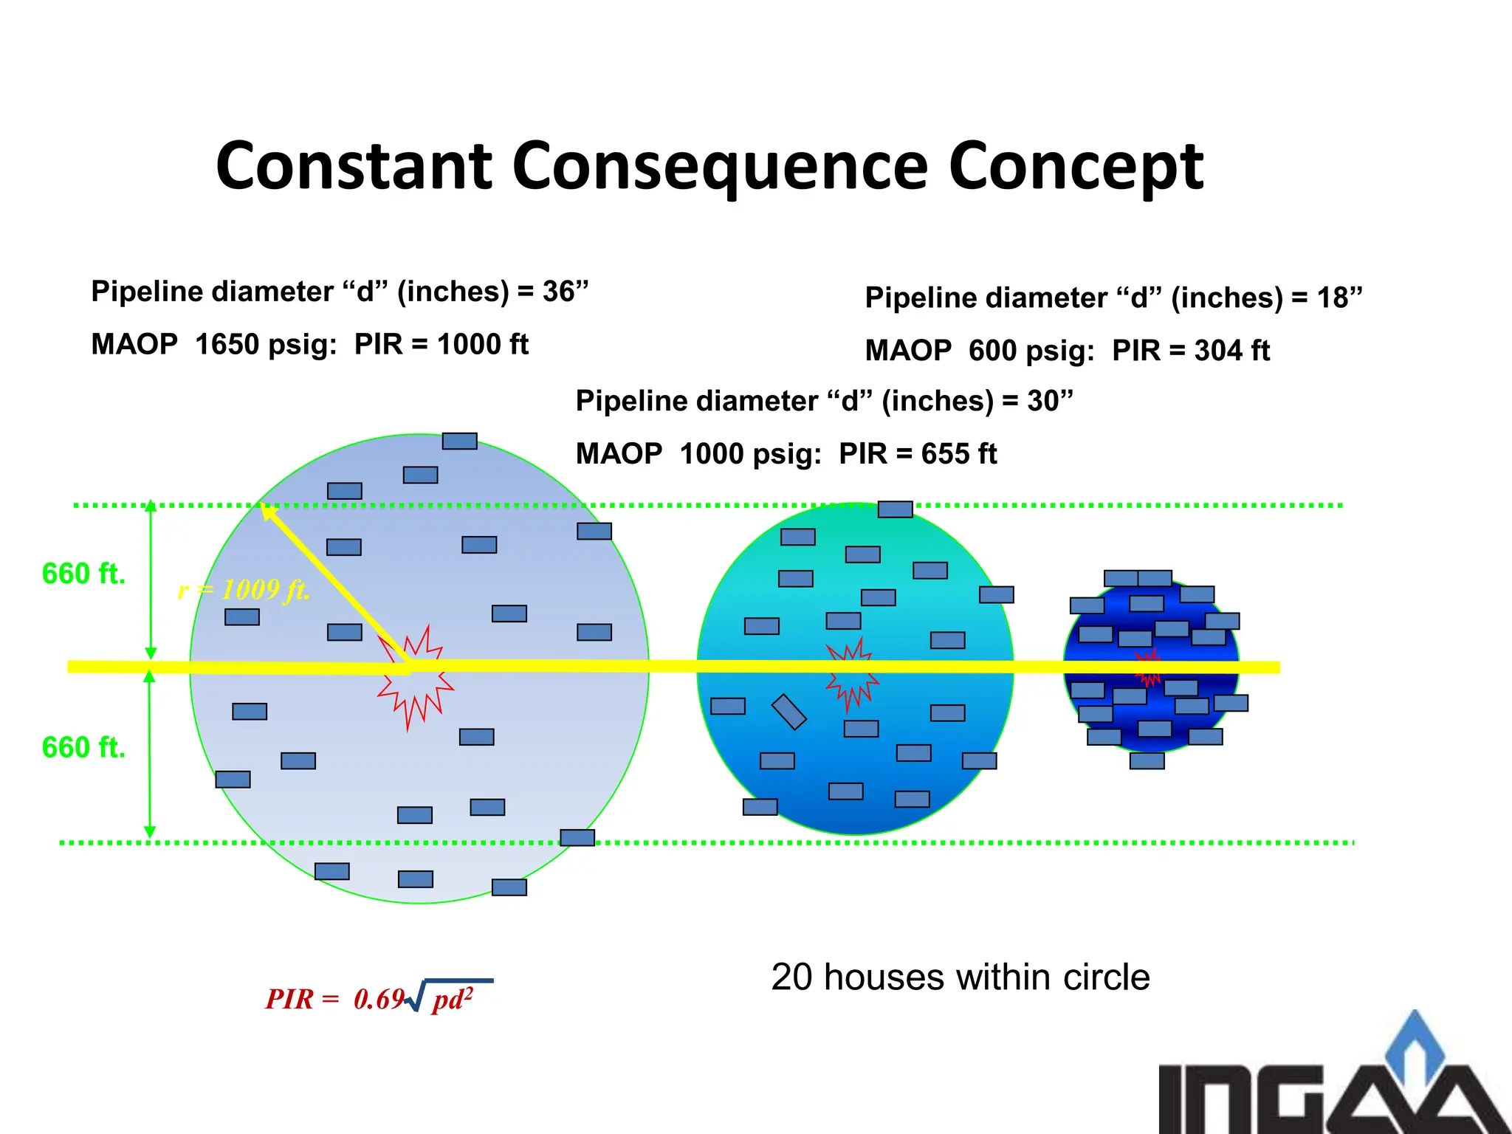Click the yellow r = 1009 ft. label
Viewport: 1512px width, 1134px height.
pos(244,590)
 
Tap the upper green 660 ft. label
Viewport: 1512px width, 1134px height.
pos(83,574)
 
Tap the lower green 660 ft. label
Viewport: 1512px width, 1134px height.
pos(83,748)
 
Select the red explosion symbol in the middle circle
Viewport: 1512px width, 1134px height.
pos(852,673)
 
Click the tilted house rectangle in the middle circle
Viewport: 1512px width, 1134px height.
pos(788,712)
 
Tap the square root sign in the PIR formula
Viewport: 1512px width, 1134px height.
pos(416,997)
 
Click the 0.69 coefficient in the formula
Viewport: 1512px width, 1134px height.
pos(379,1000)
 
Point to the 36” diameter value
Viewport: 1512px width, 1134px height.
pos(565,292)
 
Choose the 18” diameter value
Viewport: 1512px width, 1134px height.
pos(1339,298)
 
